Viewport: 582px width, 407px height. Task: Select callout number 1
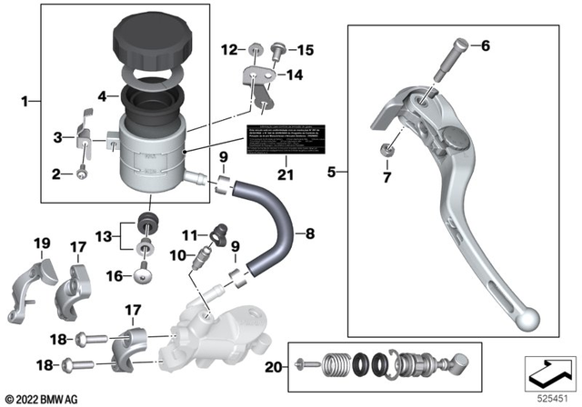click(25, 103)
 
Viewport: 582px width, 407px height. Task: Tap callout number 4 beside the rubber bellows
click(103, 94)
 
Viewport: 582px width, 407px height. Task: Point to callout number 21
click(286, 174)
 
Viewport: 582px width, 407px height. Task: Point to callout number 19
click(40, 243)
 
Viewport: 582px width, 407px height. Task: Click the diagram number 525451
click(550, 397)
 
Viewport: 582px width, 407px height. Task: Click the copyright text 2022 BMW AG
click(44, 399)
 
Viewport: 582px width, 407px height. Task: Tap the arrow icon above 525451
click(548, 372)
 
